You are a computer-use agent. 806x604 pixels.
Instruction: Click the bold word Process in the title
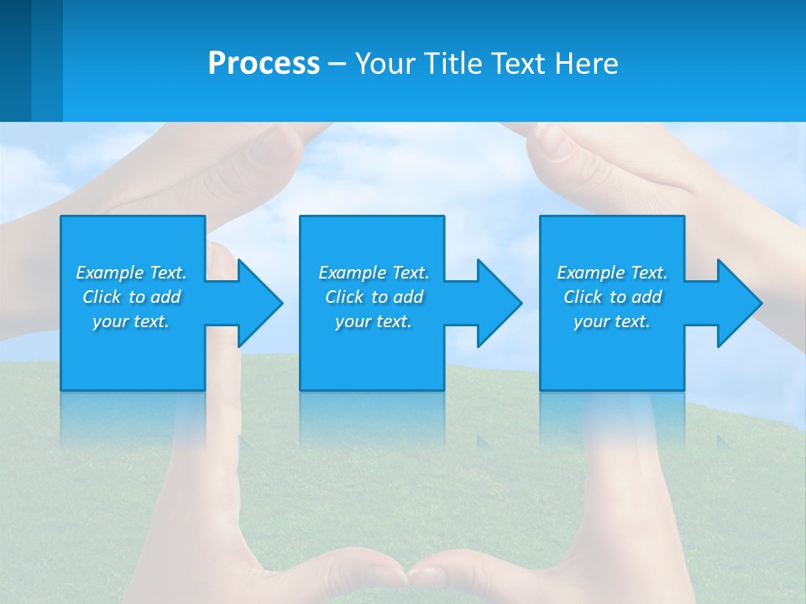pyautogui.click(x=264, y=64)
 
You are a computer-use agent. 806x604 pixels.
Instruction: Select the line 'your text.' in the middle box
pyautogui.click(x=373, y=321)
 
